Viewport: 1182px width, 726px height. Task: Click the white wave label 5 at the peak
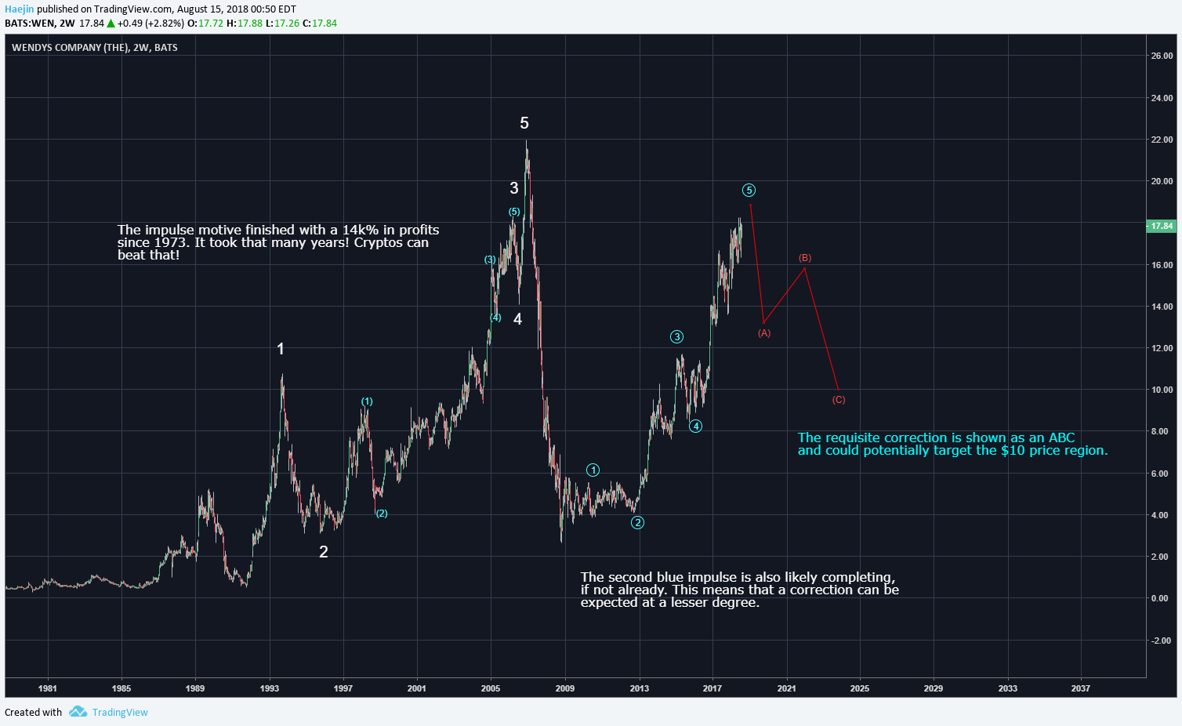click(524, 123)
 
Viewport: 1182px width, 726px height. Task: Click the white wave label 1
click(281, 349)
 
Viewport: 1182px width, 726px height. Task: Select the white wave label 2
click(324, 552)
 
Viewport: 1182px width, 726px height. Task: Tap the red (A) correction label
click(764, 333)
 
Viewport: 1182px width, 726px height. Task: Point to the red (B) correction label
click(805, 258)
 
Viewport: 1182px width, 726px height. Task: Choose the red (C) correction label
click(839, 400)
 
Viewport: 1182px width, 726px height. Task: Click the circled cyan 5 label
click(749, 191)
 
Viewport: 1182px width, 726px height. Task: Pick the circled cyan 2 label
click(638, 523)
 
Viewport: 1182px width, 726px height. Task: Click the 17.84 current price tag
click(1161, 226)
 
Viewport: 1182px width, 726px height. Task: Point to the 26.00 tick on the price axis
click(1162, 56)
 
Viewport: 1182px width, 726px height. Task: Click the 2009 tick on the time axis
click(564, 688)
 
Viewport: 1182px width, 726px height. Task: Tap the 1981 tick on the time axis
click(48, 688)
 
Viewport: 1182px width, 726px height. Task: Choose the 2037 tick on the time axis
click(1080, 688)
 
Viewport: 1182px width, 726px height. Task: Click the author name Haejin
click(20, 9)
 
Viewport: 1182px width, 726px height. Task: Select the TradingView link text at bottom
click(120, 712)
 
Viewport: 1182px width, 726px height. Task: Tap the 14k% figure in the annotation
click(361, 230)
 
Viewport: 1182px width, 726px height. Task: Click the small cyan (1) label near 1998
click(367, 401)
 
